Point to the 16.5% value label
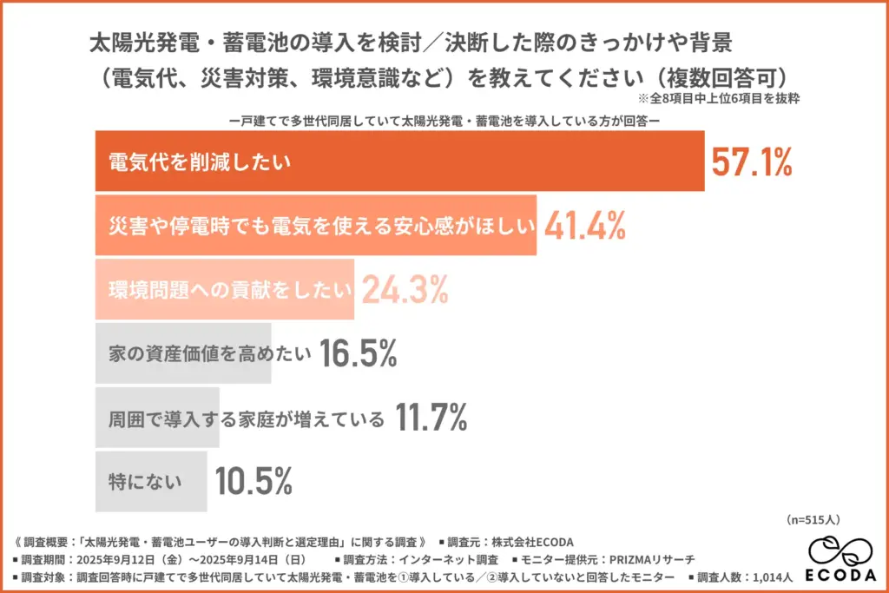pyautogui.click(x=358, y=353)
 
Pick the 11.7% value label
pyautogui.click(x=431, y=418)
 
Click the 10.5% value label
pyautogui.click(x=254, y=481)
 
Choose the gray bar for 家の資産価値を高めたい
pyautogui.click(x=183, y=353)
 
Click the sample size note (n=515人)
pyautogui.click(x=813, y=520)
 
